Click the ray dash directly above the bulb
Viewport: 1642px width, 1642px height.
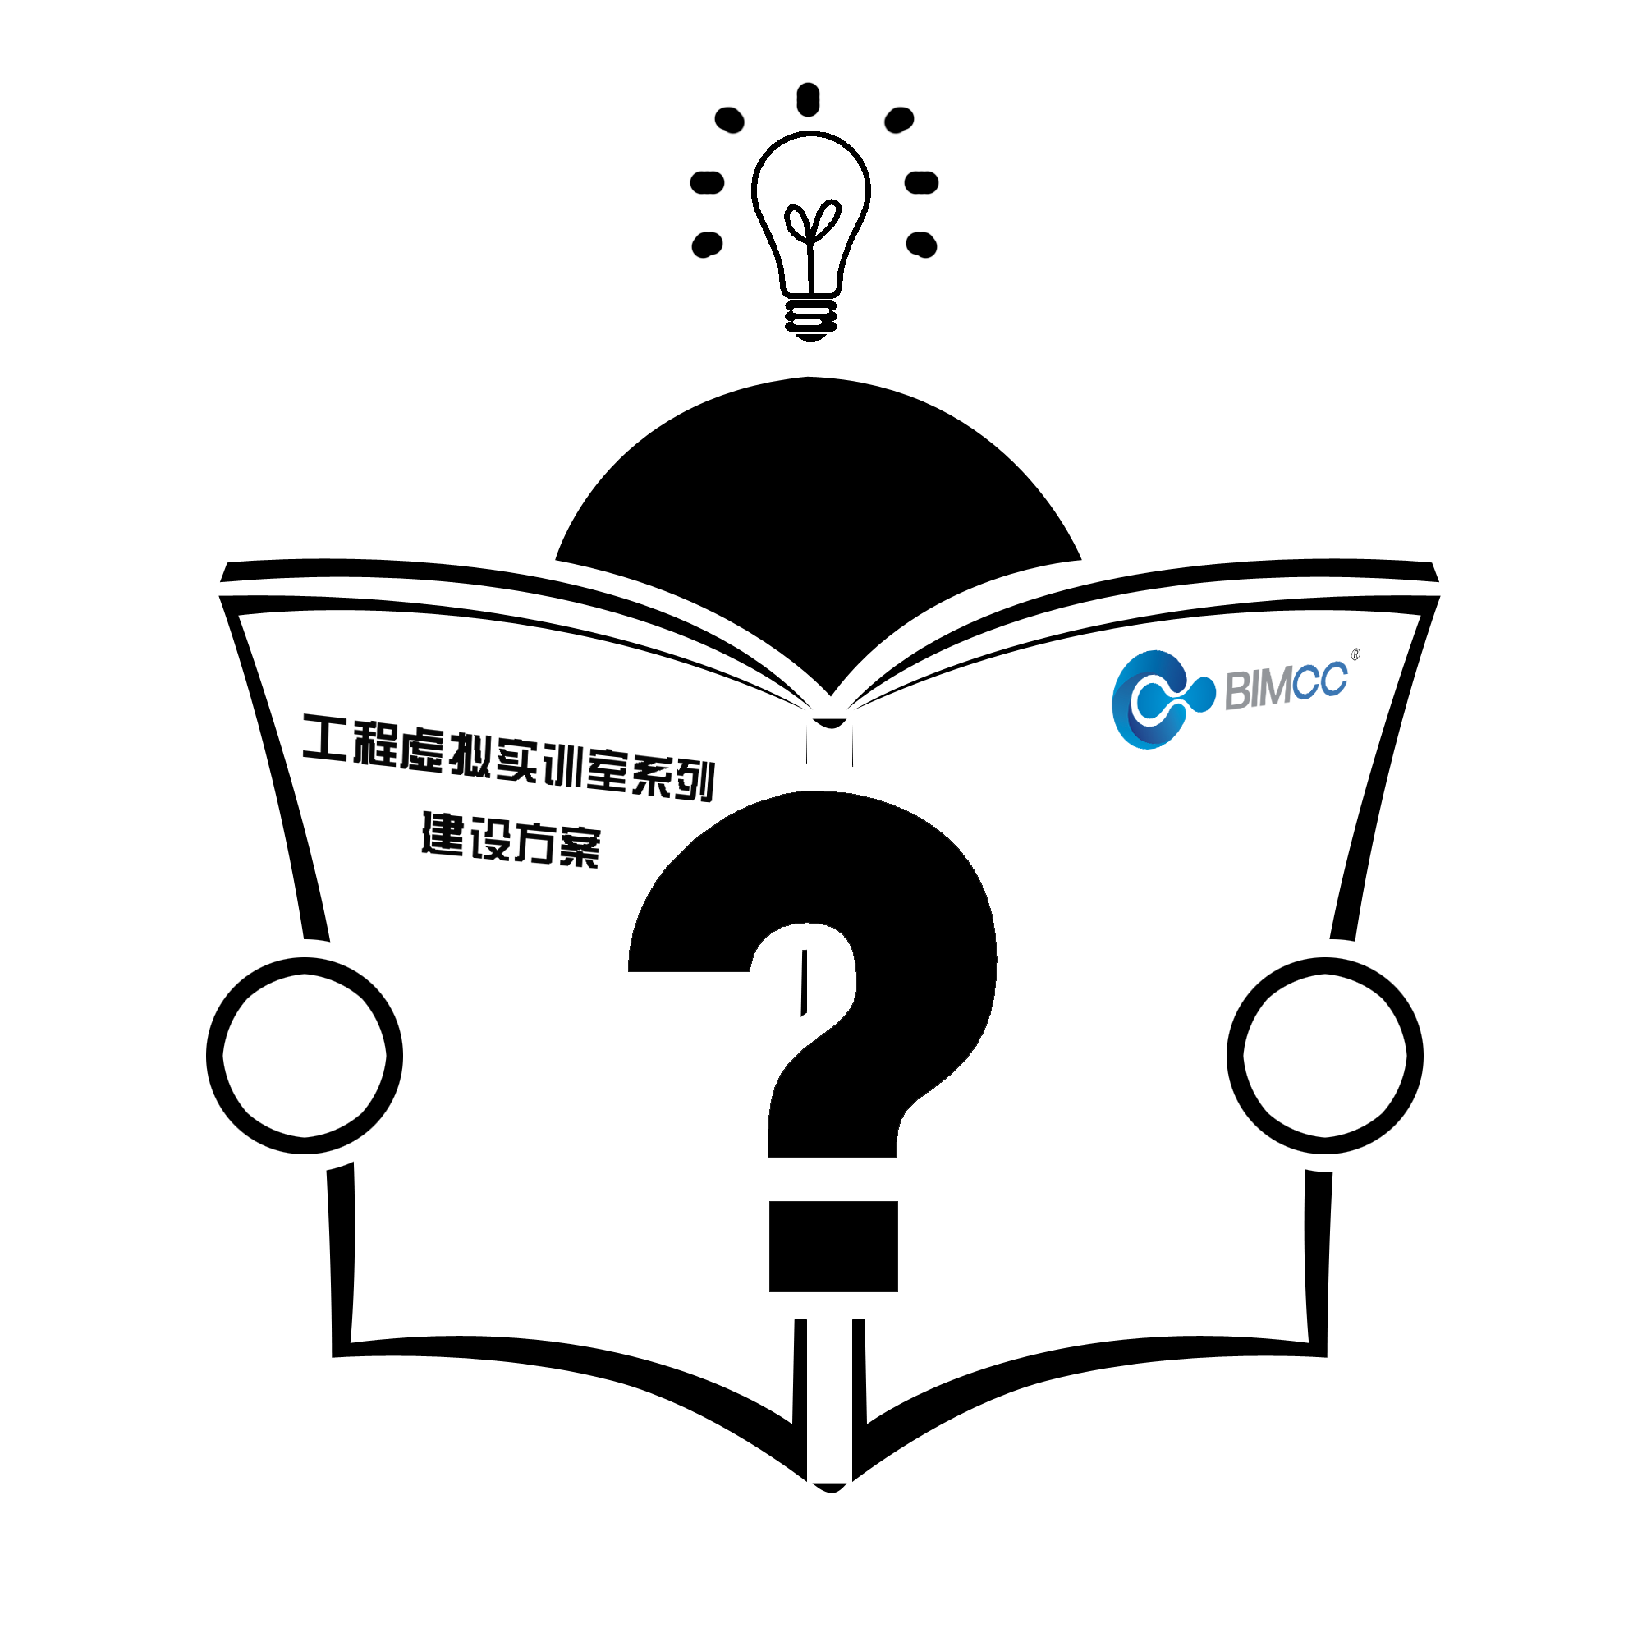click(808, 99)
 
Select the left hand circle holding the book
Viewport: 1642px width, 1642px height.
click(305, 1056)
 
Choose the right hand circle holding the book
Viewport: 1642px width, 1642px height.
click(1325, 1056)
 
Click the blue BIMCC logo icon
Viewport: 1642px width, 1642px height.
click(1161, 699)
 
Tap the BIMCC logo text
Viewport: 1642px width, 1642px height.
click(1286, 686)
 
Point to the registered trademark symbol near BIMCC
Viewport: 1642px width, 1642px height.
click(1355, 654)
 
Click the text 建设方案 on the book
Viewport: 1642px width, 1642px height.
click(511, 840)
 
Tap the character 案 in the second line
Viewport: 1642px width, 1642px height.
click(580, 847)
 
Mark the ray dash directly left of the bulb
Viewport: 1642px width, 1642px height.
click(707, 182)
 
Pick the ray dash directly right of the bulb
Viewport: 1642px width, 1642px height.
click(921, 182)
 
